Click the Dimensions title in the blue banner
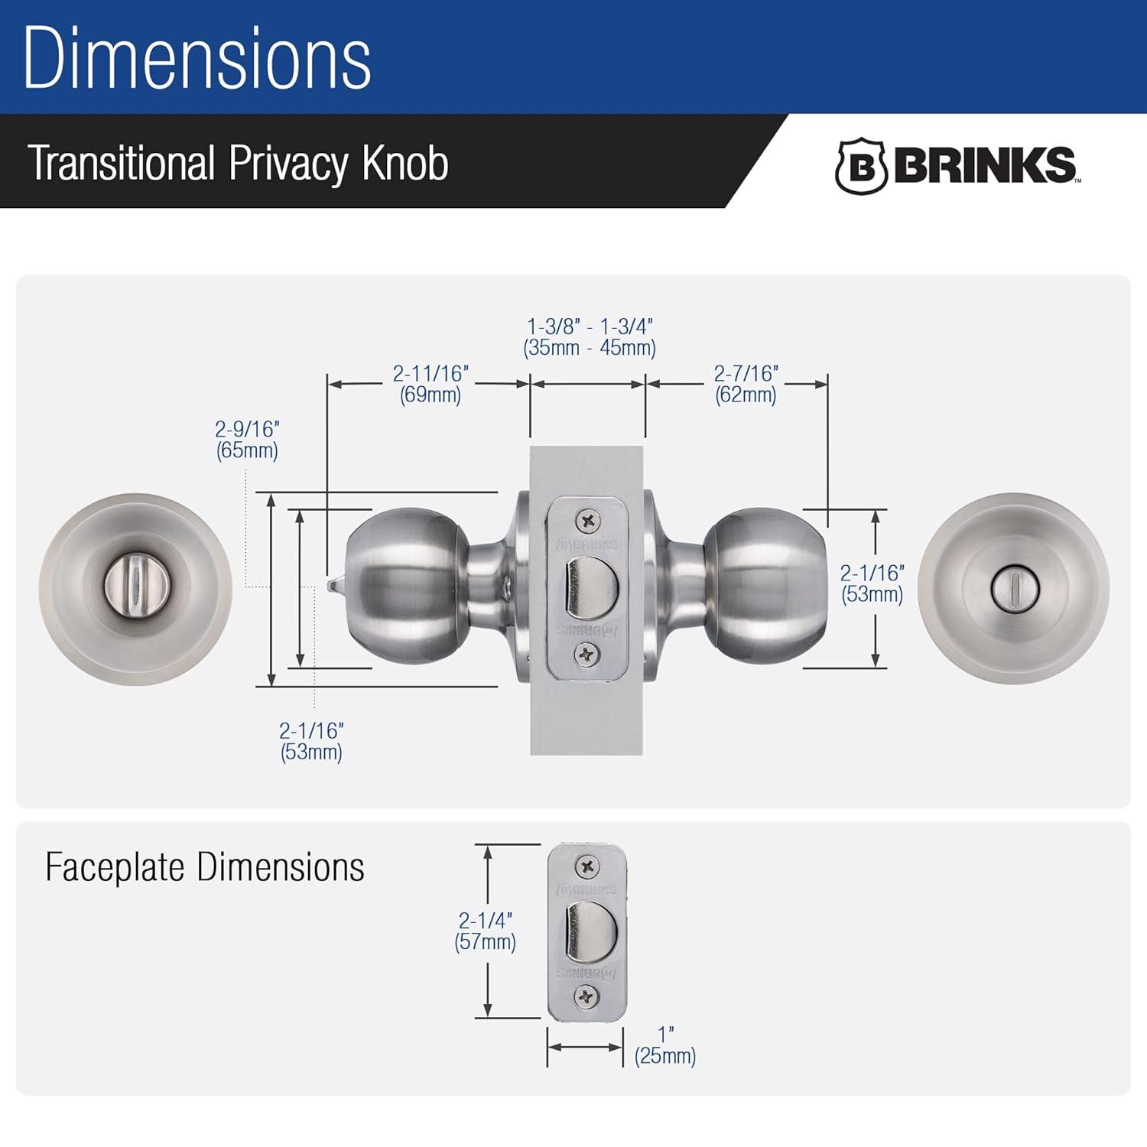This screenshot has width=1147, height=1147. pyautogui.click(x=197, y=59)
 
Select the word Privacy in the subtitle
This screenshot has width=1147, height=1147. pyautogui.click(x=288, y=163)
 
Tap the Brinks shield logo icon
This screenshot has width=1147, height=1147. pyautogui.click(x=860, y=166)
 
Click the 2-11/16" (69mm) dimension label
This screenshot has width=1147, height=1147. pyautogui.click(x=430, y=384)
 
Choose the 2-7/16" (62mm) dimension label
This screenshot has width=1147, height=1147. pyautogui.click(x=746, y=384)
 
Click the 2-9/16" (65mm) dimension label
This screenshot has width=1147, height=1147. pyautogui.click(x=247, y=440)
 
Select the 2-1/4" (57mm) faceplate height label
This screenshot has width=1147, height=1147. pyautogui.click(x=485, y=931)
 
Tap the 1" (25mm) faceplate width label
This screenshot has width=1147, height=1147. pyautogui.click(x=665, y=1045)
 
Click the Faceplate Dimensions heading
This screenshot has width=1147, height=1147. pyautogui.click(x=205, y=867)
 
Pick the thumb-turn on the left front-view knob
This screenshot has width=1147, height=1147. pyautogui.click(x=136, y=589)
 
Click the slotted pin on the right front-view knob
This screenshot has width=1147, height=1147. pyautogui.click(x=1013, y=589)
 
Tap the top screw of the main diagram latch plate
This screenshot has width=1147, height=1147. pyautogui.click(x=587, y=522)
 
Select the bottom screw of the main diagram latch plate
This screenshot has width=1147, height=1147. pyautogui.click(x=587, y=655)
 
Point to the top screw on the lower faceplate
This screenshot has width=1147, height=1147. pyautogui.click(x=587, y=866)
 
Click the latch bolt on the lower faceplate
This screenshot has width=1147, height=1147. pyautogui.click(x=590, y=931)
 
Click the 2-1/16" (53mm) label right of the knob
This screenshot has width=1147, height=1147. pyautogui.click(x=872, y=583)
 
